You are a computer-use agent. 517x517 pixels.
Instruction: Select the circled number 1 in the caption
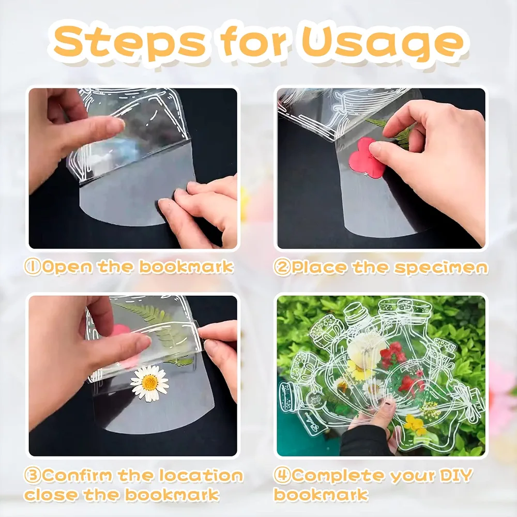click(33, 267)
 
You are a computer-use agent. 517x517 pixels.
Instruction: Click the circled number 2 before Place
click(282, 267)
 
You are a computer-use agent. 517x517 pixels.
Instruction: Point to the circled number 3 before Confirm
click(33, 475)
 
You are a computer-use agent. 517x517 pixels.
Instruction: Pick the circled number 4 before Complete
click(283, 475)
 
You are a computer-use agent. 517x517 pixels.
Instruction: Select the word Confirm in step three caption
click(78, 475)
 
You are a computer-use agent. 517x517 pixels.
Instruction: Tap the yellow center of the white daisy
click(150, 383)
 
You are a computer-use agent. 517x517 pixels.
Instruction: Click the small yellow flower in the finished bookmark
click(414, 423)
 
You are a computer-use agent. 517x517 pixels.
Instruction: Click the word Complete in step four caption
click(341, 475)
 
